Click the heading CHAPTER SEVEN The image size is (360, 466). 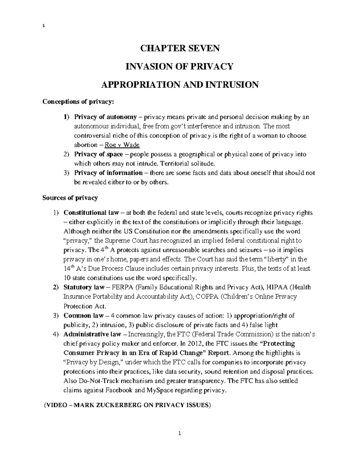click(180, 48)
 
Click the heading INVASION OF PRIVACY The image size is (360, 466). click(180, 66)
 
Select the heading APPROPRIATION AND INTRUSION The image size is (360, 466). click(180, 85)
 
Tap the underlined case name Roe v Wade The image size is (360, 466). click(122, 145)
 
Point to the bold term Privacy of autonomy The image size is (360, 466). click(106, 117)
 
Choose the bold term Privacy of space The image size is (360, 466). click(99, 155)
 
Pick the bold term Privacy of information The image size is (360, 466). click(108, 173)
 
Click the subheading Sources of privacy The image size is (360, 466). click(70, 198)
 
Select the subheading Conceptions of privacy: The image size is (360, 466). click(78, 102)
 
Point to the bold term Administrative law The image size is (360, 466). click(92, 334)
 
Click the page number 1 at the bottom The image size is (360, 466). click(179, 434)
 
